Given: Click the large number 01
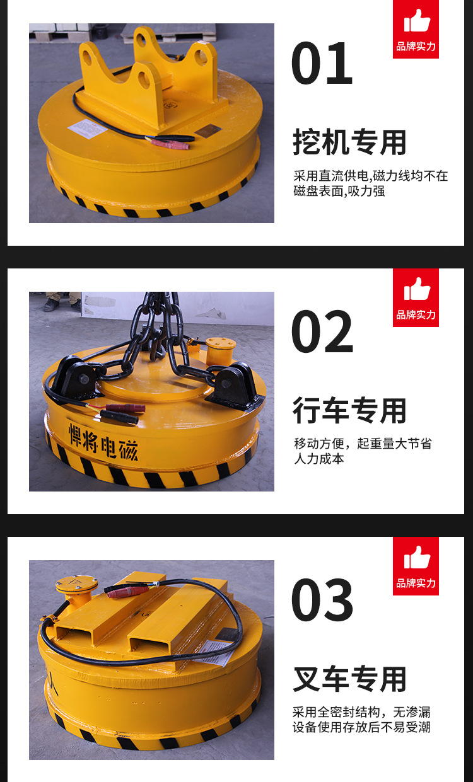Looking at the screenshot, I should pyautogui.click(x=322, y=63).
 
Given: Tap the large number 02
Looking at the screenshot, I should pyautogui.click(x=322, y=331).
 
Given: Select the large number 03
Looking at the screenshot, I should pyautogui.click(x=322, y=600).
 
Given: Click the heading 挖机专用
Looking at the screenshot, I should pyautogui.click(x=349, y=142).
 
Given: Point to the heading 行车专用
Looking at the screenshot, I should pyautogui.click(x=349, y=411).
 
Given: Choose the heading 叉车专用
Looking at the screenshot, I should pyautogui.click(x=349, y=679).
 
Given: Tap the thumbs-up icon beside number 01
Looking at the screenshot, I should pyautogui.click(x=416, y=21).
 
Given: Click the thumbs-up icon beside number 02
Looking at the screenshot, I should pyautogui.click(x=416, y=290).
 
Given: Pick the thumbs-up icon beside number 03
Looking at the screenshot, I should pyautogui.click(x=416, y=558).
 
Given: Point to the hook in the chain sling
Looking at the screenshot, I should pyautogui.click(x=156, y=345).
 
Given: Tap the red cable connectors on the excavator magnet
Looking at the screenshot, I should pyautogui.click(x=169, y=144).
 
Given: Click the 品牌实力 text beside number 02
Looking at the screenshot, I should pyautogui.click(x=416, y=314).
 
